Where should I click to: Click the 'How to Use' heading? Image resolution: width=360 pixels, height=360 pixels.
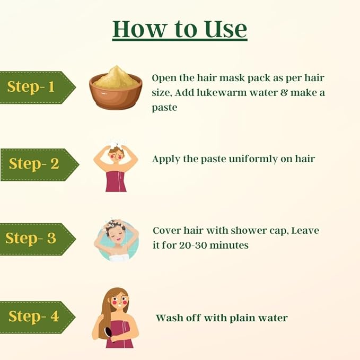tap(180, 29)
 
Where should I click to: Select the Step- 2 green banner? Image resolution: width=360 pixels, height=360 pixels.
tap(39, 164)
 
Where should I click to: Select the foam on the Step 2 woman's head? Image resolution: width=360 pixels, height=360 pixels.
tap(117, 144)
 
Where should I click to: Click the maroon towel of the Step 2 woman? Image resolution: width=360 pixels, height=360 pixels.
tap(116, 181)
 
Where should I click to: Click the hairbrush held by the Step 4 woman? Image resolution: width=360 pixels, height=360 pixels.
tap(109, 334)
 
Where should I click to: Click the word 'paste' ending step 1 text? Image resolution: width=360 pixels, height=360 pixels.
tap(164, 108)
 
